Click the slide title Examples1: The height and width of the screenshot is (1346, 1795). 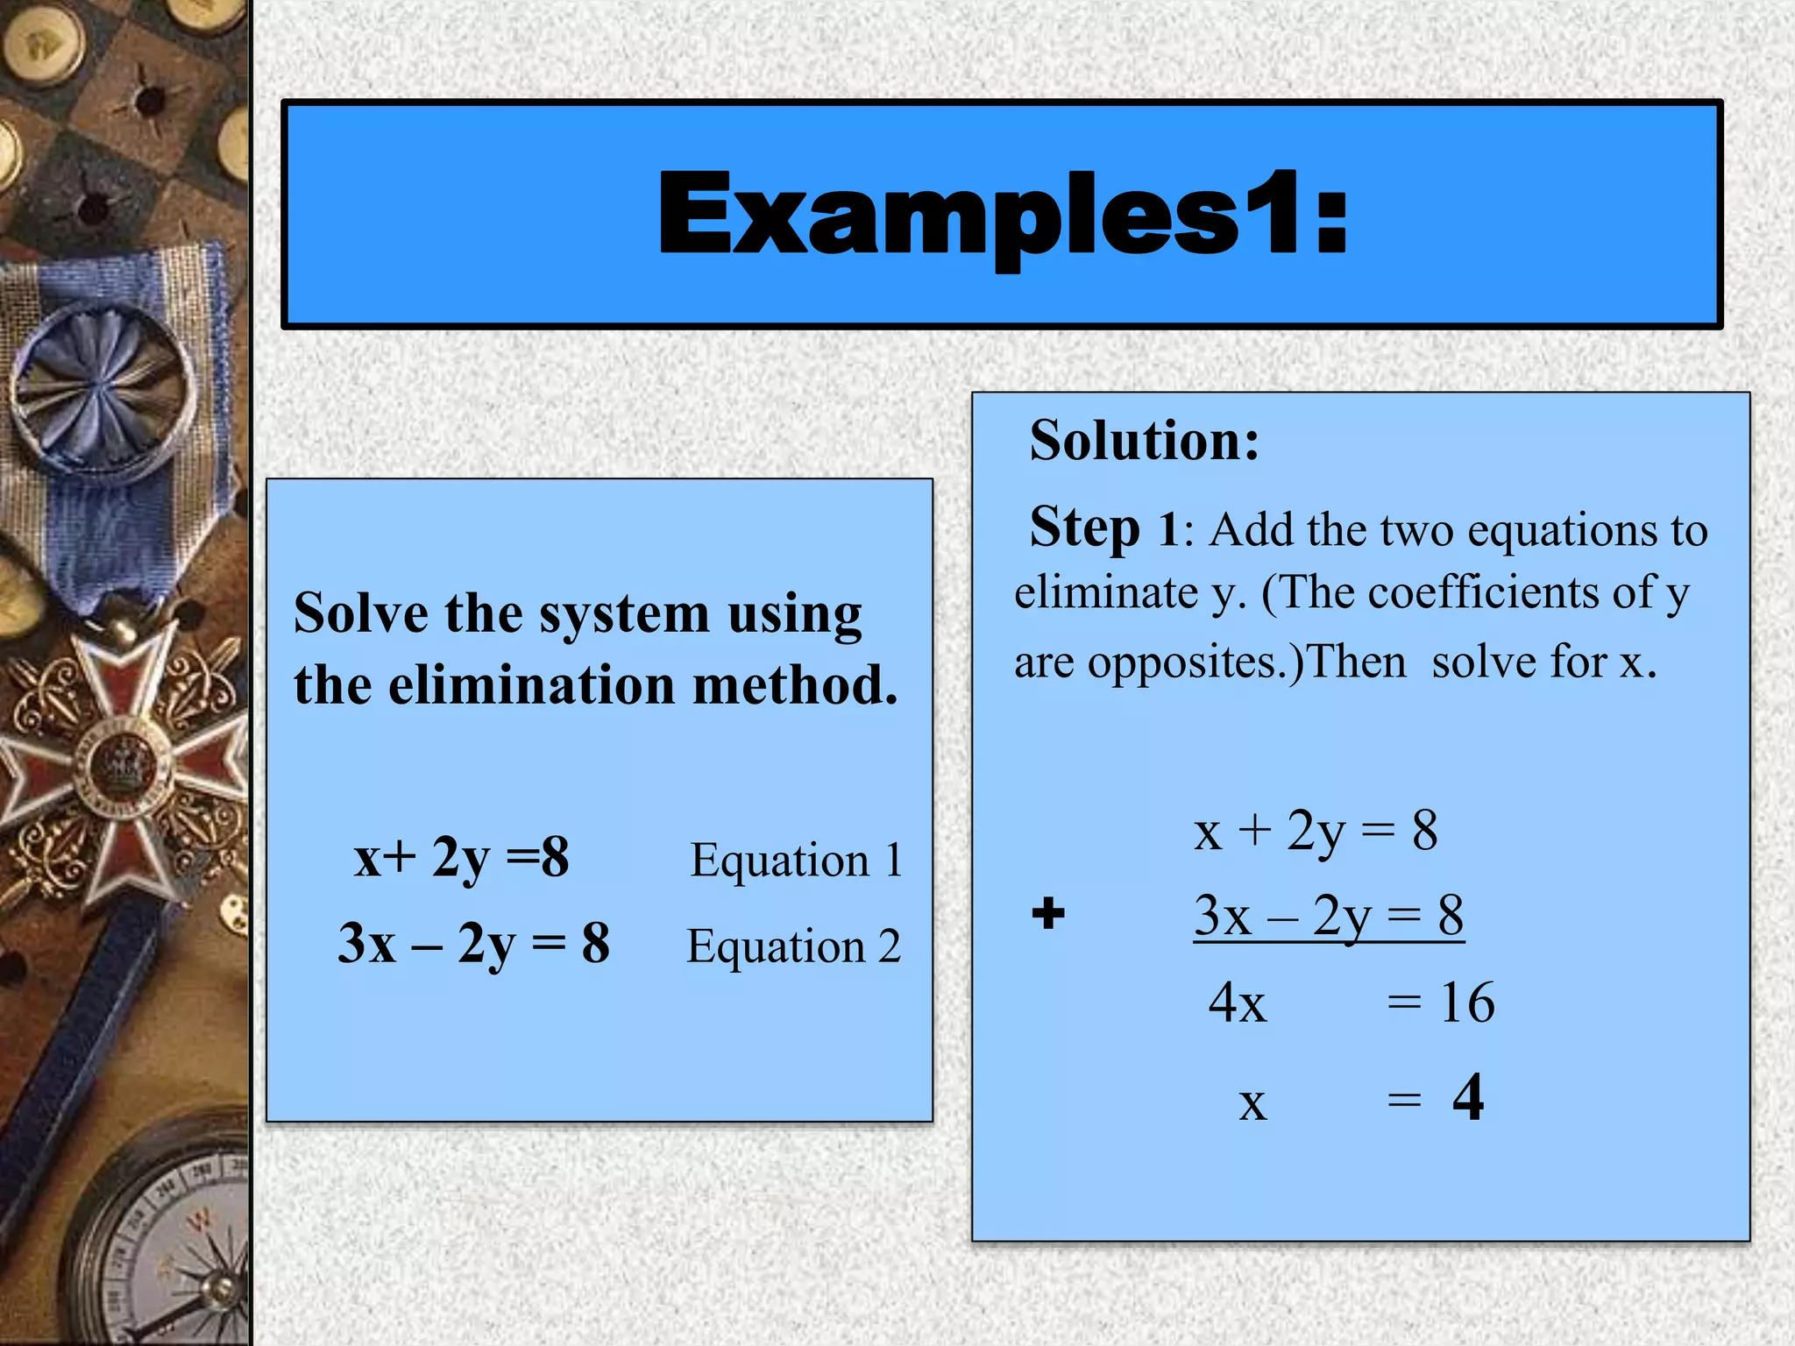[x=1003, y=215]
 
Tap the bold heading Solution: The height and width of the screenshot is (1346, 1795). [x=1145, y=440]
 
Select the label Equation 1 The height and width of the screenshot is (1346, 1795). [x=796, y=860]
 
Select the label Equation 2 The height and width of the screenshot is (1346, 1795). [x=793, y=946]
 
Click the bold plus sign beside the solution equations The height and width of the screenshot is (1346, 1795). [x=1048, y=913]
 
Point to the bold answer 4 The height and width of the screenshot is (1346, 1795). [x=1468, y=1097]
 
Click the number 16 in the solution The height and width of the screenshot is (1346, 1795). [x=1466, y=1002]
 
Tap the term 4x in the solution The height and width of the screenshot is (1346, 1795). [x=1237, y=1002]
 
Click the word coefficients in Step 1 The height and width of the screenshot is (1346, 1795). [x=1484, y=593]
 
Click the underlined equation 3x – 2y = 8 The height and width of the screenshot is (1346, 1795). [x=1328, y=917]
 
